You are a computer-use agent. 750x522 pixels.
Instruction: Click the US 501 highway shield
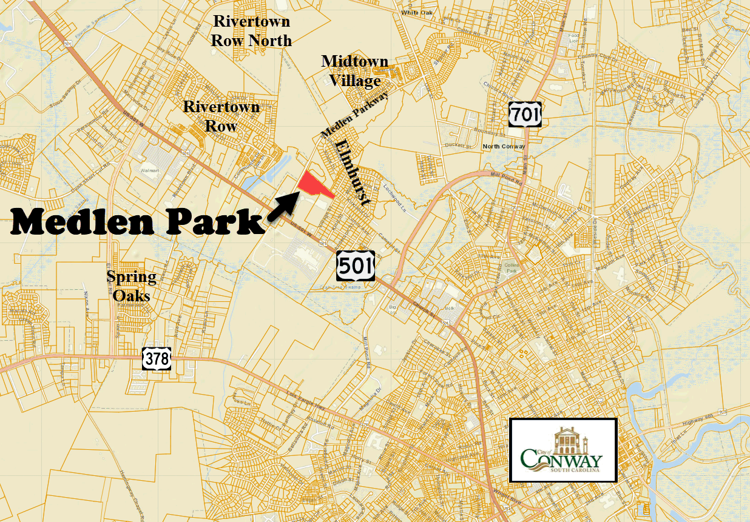point(356,265)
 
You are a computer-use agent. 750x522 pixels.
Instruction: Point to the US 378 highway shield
point(157,358)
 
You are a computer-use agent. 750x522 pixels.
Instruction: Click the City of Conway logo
point(562,450)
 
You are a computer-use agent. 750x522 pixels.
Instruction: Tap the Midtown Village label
point(355,71)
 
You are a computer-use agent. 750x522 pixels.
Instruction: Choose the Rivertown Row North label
point(251,32)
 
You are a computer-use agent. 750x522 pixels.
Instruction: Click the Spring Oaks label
point(131,286)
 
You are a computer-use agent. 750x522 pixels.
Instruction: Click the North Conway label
point(503,147)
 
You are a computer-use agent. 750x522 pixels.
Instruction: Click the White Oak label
point(416,12)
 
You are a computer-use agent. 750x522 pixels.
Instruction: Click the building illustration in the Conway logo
point(564,438)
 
